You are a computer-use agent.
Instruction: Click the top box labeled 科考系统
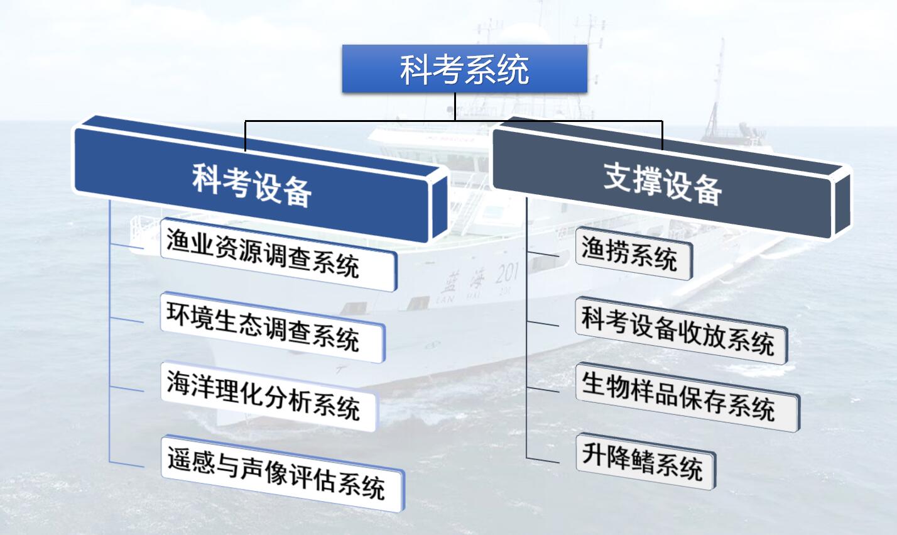click(x=465, y=69)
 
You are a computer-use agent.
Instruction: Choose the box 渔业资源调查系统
click(x=279, y=254)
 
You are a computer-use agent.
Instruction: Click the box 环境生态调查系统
click(x=273, y=328)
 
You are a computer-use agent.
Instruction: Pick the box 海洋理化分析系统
click(x=269, y=397)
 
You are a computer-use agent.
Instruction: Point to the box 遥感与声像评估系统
click(x=283, y=473)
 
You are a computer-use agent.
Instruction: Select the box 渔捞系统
click(x=634, y=253)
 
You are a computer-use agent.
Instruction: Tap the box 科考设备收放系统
click(x=682, y=331)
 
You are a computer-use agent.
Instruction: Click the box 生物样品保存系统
click(x=688, y=397)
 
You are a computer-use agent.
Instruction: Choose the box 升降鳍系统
click(x=646, y=461)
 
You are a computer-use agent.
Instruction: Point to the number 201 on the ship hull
click(x=507, y=275)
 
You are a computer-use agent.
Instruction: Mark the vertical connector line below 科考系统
click(x=455, y=107)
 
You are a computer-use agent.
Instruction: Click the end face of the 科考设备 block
click(x=439, y=207)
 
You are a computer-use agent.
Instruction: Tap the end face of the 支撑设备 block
click(x=842, y=204)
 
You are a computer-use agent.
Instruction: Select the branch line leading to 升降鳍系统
click(x=543, y=460)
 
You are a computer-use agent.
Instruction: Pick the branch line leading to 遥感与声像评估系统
click(x=126, y=465)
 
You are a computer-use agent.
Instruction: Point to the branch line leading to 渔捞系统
click(x=543, y=255)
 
